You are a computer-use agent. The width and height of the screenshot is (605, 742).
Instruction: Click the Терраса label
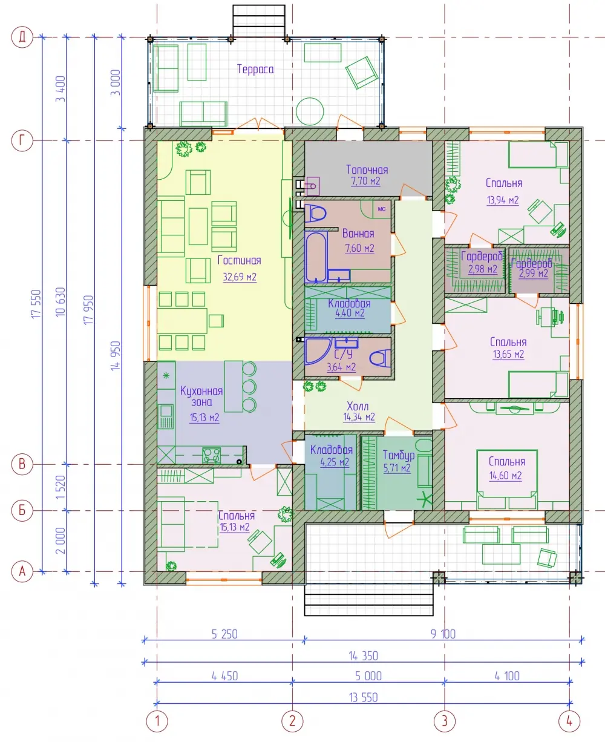click(x=255, y=69)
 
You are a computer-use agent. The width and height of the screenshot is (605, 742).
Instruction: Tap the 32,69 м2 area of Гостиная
click(x=240, y=277)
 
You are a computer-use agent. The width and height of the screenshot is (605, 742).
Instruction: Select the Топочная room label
click(x=367, y=169)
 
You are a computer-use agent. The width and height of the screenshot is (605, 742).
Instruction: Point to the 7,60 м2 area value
click(x=359, y=248)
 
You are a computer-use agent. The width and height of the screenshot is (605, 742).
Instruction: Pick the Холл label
click(x=358, y=406)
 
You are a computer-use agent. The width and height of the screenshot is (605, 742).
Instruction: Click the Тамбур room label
click(x=399, y=456)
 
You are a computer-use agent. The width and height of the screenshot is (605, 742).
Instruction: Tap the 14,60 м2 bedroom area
click(x=505, y=476)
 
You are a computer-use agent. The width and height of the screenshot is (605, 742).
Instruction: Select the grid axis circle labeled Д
click(x=22, y=36)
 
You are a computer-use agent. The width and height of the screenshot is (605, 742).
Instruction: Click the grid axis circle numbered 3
click(x=445, y=721)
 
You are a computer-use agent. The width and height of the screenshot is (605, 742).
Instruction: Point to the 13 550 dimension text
click(x=364, y=697)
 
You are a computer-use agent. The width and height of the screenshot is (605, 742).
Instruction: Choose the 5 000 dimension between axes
click(x=368, y=676)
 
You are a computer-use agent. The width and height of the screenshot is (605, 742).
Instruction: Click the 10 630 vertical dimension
click(x=60, y=302)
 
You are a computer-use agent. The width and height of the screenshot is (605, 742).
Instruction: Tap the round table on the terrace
click(x=310, y=111)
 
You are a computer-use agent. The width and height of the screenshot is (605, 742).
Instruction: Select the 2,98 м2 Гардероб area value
click(x=483, y=269)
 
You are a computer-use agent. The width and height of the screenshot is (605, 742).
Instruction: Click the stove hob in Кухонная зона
click(x=211, y=455)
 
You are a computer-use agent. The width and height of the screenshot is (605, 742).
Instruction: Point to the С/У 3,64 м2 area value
click(x=341, y=367)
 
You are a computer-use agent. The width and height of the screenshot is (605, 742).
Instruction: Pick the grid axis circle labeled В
click(x=22, y=464)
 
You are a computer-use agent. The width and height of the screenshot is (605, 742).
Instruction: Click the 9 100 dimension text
click(x=443, y=634)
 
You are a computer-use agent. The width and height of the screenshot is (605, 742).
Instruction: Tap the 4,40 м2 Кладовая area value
click(x=350, y=313)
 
